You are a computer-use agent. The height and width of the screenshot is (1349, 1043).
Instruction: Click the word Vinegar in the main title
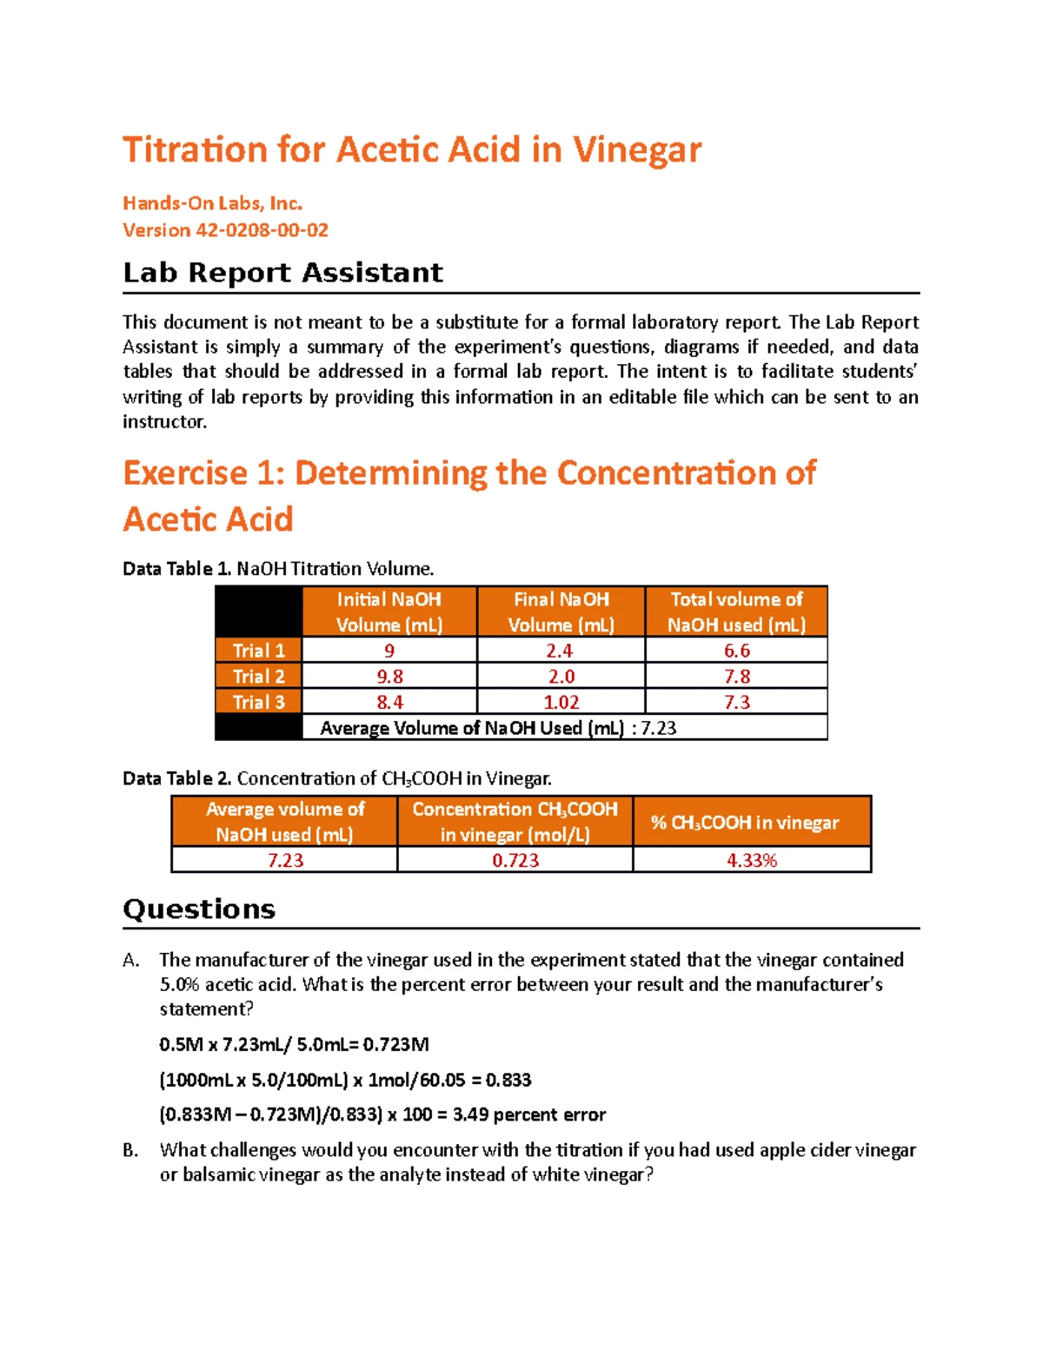click(636, 150)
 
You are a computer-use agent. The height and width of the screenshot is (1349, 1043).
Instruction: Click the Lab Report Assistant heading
click(282, 273)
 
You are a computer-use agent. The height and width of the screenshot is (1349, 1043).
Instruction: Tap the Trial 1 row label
click(258, 651)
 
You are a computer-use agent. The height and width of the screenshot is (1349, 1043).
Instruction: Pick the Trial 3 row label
click(258, 702)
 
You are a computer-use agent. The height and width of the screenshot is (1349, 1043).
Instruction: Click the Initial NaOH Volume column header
click(389, 612)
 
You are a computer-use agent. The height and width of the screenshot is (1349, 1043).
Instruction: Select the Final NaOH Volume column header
click(561, 612)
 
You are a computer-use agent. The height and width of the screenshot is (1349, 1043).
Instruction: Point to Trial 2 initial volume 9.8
click(389, 677)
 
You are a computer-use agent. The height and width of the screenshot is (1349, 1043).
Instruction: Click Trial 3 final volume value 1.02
click(561, 702)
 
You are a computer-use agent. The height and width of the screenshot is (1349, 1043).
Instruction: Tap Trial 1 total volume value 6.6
click(736, 651)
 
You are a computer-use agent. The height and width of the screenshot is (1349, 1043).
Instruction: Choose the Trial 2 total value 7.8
click(736, 677)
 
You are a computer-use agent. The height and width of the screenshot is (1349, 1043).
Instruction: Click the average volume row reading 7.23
click(498, 728)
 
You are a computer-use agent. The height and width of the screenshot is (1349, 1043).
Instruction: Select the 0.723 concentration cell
click(515, 860)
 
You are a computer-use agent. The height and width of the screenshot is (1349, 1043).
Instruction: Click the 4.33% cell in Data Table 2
click(751, 860)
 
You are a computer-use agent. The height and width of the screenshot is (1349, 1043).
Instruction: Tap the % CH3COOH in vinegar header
click(745, 823)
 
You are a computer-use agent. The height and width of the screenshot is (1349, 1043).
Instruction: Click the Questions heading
click(199, 909)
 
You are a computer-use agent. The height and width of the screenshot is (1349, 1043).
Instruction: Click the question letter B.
click(130, 1151)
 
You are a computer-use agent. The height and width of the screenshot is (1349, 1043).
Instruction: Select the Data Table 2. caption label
click(176, 778)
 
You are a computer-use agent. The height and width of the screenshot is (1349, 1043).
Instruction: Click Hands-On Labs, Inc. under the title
click(212, 203)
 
